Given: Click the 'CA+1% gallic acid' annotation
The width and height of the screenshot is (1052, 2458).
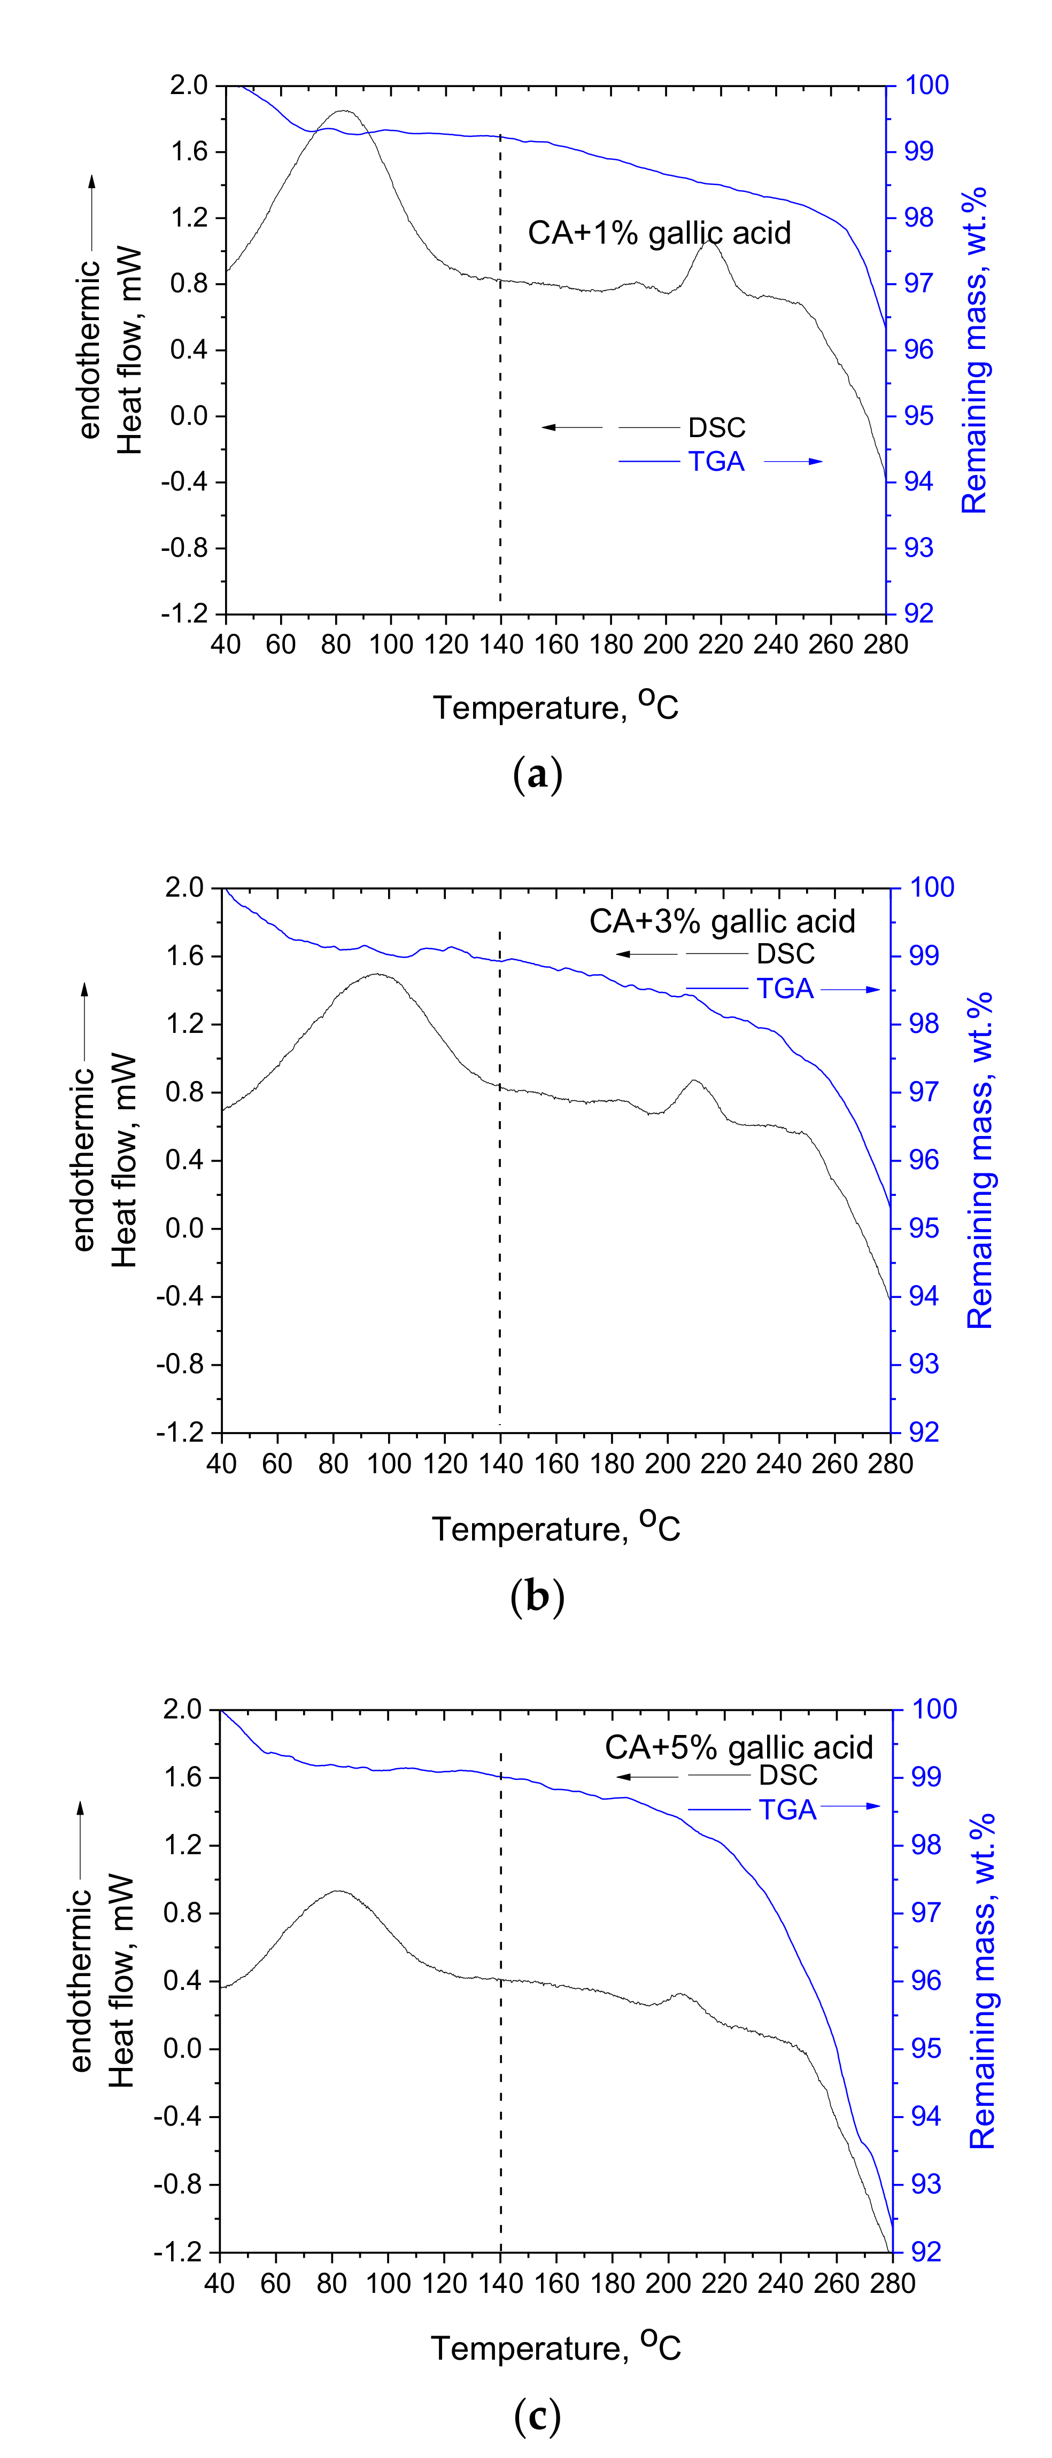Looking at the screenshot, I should [659, 233].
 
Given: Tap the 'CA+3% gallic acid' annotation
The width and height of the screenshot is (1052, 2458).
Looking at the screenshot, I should [722, 921].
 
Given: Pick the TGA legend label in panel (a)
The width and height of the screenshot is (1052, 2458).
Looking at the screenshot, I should [716, 462].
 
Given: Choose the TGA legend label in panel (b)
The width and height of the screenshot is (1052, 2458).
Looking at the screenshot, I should [785, 989].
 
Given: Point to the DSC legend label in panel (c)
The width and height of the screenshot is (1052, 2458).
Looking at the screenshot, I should [787, 1775].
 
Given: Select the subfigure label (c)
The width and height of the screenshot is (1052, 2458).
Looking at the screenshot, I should [537, 2416].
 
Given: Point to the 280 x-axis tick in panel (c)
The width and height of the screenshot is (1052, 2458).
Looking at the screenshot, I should [892, 2283].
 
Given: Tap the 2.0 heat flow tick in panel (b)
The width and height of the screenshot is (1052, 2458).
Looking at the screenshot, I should [184, 888].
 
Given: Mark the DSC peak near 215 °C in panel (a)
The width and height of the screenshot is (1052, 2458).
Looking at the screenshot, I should [708, 243].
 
